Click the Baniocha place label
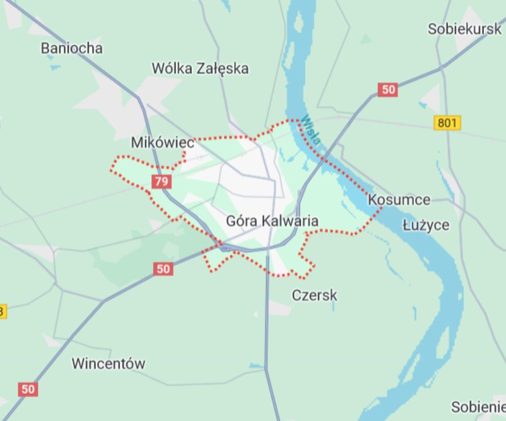point(71,48)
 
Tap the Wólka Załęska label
point(200,69)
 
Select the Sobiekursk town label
point(464,29)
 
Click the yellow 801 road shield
point(447,123)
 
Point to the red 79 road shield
point(161,182)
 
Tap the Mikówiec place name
point(162,143)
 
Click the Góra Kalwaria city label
point(272,221)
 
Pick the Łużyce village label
point(426,225)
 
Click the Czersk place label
point(314,295)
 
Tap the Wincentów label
point(108,364)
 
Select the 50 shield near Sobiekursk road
point(387,90)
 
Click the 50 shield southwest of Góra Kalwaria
point(163,268)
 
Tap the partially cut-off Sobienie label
point(478,407)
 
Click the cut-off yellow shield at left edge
point(2,311)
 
